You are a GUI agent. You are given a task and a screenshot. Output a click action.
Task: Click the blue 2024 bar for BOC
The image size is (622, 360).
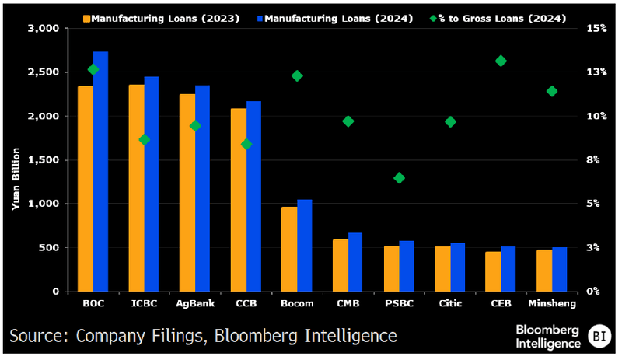[x=100, y=172]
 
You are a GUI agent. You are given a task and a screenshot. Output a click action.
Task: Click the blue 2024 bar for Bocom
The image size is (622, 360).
[x=305, y=246]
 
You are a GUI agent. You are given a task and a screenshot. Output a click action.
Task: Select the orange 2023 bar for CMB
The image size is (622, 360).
[x=340, y=265]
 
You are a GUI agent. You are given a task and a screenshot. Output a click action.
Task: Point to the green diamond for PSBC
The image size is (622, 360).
[x=399, y=178]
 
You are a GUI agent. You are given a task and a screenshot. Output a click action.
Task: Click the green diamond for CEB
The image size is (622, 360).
[x=501, y=61]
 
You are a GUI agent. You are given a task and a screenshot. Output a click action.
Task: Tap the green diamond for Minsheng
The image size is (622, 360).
[x=552, y=91]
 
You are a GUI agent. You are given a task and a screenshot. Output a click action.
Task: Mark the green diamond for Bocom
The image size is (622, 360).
[x=297, y=75]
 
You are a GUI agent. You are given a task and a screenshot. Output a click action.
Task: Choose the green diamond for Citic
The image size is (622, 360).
[x=450, y=121]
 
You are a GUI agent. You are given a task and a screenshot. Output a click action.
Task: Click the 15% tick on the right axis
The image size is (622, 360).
[x=596, y=29]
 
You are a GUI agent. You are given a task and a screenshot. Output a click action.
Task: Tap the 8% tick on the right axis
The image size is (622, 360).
[x=596, y=160]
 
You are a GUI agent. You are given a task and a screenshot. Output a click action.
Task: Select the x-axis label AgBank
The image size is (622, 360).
[x=194, y=303]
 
